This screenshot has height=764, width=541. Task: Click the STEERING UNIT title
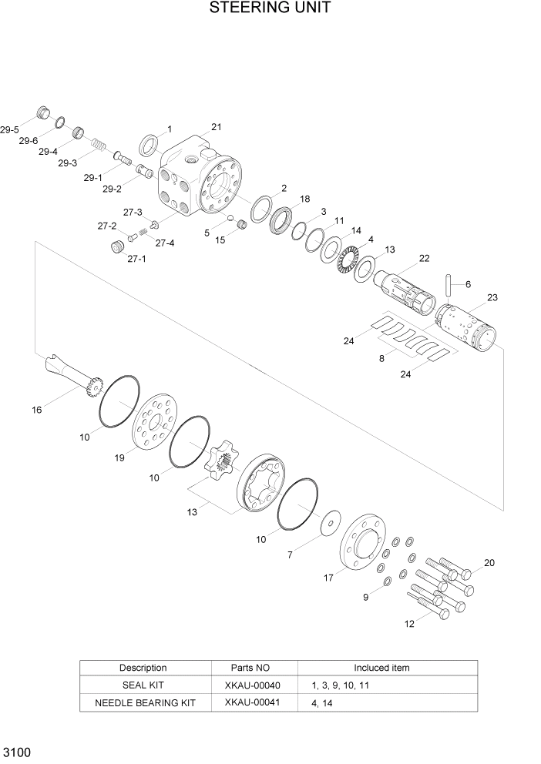[x=270, y=9]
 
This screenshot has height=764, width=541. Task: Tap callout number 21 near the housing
[x=217, y=127]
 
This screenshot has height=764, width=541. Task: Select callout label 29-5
[x=9, y=130]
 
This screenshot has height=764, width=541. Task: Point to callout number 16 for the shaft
[x=36, y=410]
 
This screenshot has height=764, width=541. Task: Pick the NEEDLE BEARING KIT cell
[x=145, y=702]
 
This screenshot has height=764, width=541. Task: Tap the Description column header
[x=143, y=668]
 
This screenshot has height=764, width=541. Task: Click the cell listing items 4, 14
[x=324, y=702]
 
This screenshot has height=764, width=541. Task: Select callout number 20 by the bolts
[x=489, y=563]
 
